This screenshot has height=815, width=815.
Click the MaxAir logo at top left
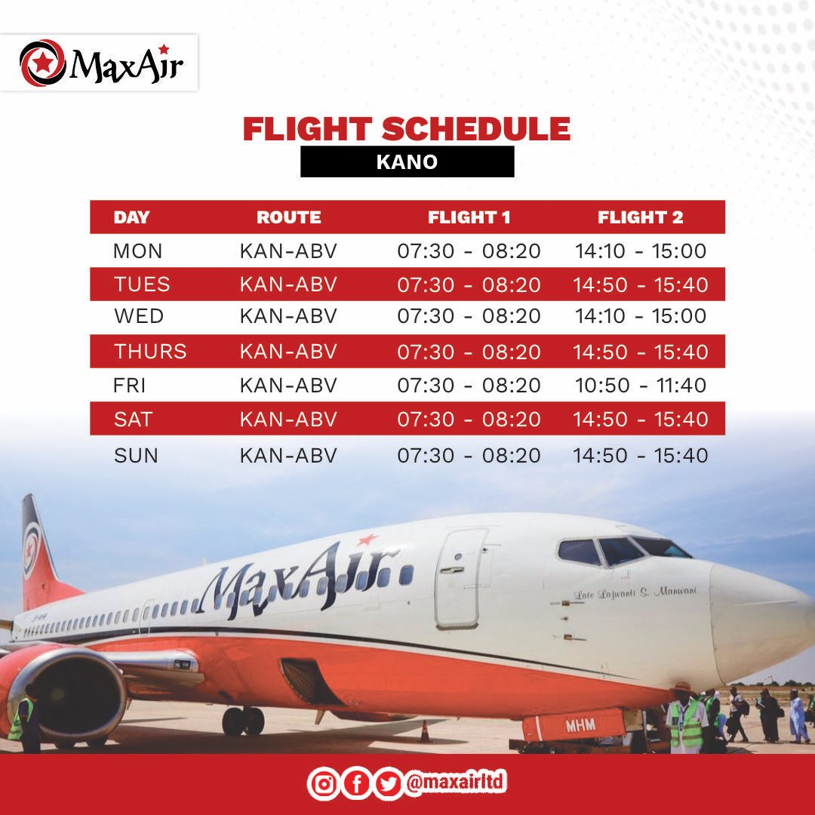pos(100,63)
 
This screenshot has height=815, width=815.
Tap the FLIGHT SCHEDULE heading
pos(406,129)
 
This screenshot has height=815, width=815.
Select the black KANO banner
pos(407,161)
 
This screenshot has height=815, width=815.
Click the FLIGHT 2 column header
pos(640,217)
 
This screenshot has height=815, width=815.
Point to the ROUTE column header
pos(288,217)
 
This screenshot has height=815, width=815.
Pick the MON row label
pos(137,251)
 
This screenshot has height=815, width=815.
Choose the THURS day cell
pos(150,352)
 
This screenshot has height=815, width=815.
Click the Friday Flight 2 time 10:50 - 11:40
pos(640,386)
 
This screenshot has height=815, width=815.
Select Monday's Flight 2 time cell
pos(640,251)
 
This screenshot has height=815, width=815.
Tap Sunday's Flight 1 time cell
pos(469,456)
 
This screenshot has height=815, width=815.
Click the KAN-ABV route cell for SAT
pos(288,419)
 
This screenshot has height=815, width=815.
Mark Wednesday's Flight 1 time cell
pos(469,316)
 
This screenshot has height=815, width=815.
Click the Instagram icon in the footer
pos(324,785)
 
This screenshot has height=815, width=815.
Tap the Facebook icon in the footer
pos(356,785)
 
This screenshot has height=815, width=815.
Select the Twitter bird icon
pos(388,785)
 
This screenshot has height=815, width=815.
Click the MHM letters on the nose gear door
pos(581,725)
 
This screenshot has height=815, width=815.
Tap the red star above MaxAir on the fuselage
pos(367,540)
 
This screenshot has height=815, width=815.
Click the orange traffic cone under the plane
pos(426,731)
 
